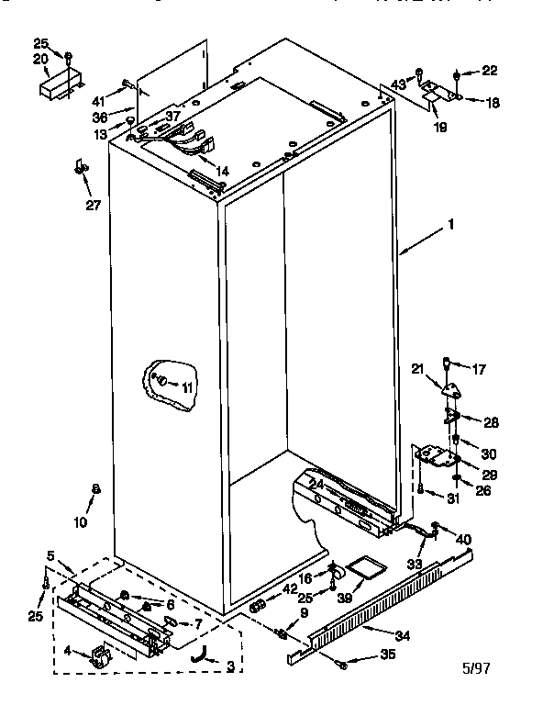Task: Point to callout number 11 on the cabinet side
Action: click(x=187, y=388)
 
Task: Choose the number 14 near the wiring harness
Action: click(x=222, y=171)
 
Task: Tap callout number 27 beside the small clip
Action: click(x=93, y=204)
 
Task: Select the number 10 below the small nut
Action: click(x=80, y=522)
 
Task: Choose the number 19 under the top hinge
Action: click(x=439, y=128)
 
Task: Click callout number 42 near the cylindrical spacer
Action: click(x=290, y=589)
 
